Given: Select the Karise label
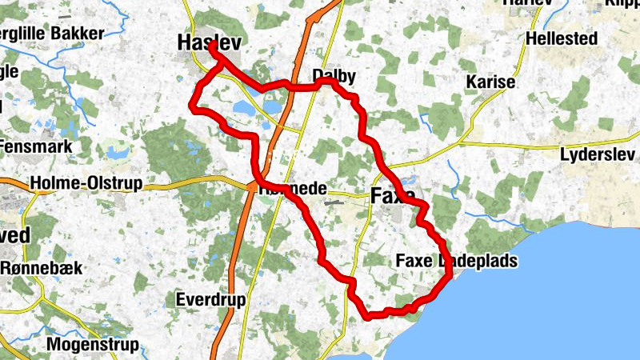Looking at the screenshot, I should [x=491, y=82].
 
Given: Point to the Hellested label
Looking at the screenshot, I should [x=562, y=38].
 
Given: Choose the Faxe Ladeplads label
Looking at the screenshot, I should [x=457, y=261].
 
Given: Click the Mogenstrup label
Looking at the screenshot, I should [x=94, y=345].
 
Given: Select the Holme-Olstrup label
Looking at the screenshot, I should [x=86, y=184].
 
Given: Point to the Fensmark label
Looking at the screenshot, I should [x=37, y=146].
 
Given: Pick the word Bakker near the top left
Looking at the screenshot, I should [x=77, y=34].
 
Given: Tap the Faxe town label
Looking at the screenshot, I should [x=393, y=195].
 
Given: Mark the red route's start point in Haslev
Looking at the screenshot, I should [x=213, y=46].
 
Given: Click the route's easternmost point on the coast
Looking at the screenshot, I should [x=450, y=274].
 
